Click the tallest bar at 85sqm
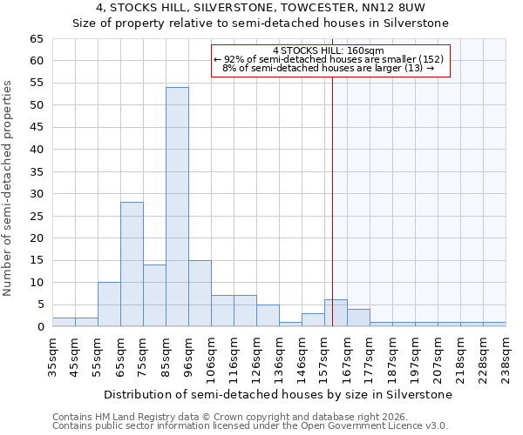click(177, 207)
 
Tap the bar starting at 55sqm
click(109, 304)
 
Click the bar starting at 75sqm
click(154, 296)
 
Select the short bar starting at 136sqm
click(290, 324)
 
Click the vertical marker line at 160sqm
click(332, 191)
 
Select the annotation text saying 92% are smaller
click(329, 59)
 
